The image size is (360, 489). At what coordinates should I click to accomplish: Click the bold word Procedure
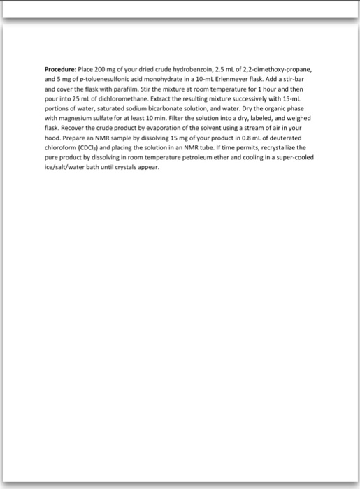[x=61, y=71]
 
